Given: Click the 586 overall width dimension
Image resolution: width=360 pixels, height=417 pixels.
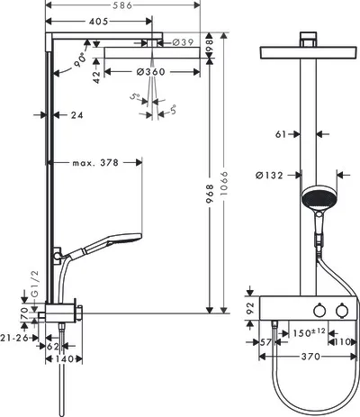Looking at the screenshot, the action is point(122,5).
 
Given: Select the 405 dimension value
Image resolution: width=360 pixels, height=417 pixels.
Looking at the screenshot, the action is point(98,22).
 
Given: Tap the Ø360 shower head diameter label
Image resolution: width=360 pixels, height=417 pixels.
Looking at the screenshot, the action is point(151,72).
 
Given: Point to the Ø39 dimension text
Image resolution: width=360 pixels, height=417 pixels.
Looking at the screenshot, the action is point(184,42).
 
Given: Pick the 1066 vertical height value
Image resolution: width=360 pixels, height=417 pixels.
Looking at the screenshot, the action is point(224,184).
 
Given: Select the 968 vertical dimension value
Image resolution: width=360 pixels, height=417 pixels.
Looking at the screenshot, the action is point(210,194).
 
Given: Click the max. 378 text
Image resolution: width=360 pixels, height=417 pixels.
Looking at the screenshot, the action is point(95,163).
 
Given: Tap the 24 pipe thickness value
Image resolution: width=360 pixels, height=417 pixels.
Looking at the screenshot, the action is point(77,115).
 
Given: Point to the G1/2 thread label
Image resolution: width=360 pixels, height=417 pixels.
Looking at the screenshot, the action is point(35,284).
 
